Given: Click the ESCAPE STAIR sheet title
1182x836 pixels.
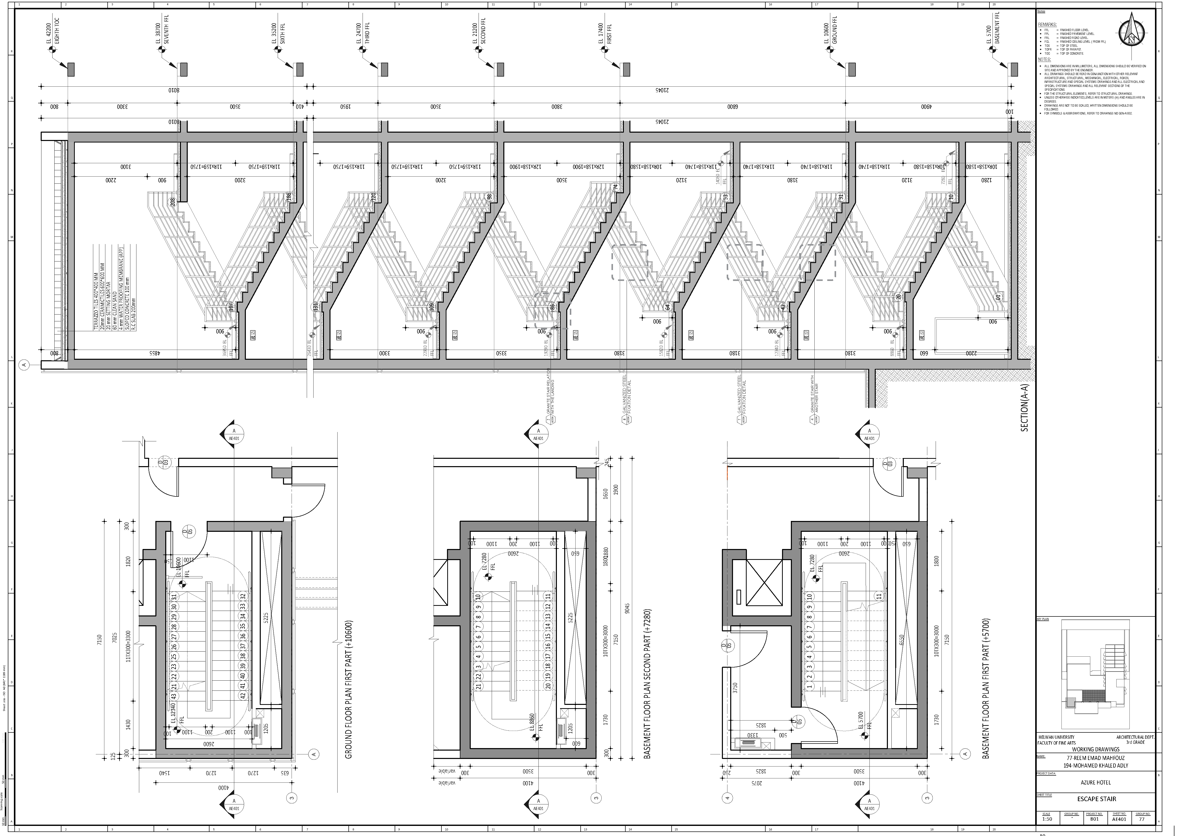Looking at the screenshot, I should click(x=1097, y=799).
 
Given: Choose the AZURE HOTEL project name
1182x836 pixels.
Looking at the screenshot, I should click(x=1096, y=782).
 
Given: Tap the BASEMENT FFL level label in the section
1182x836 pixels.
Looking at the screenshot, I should click(x=998, y=28).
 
